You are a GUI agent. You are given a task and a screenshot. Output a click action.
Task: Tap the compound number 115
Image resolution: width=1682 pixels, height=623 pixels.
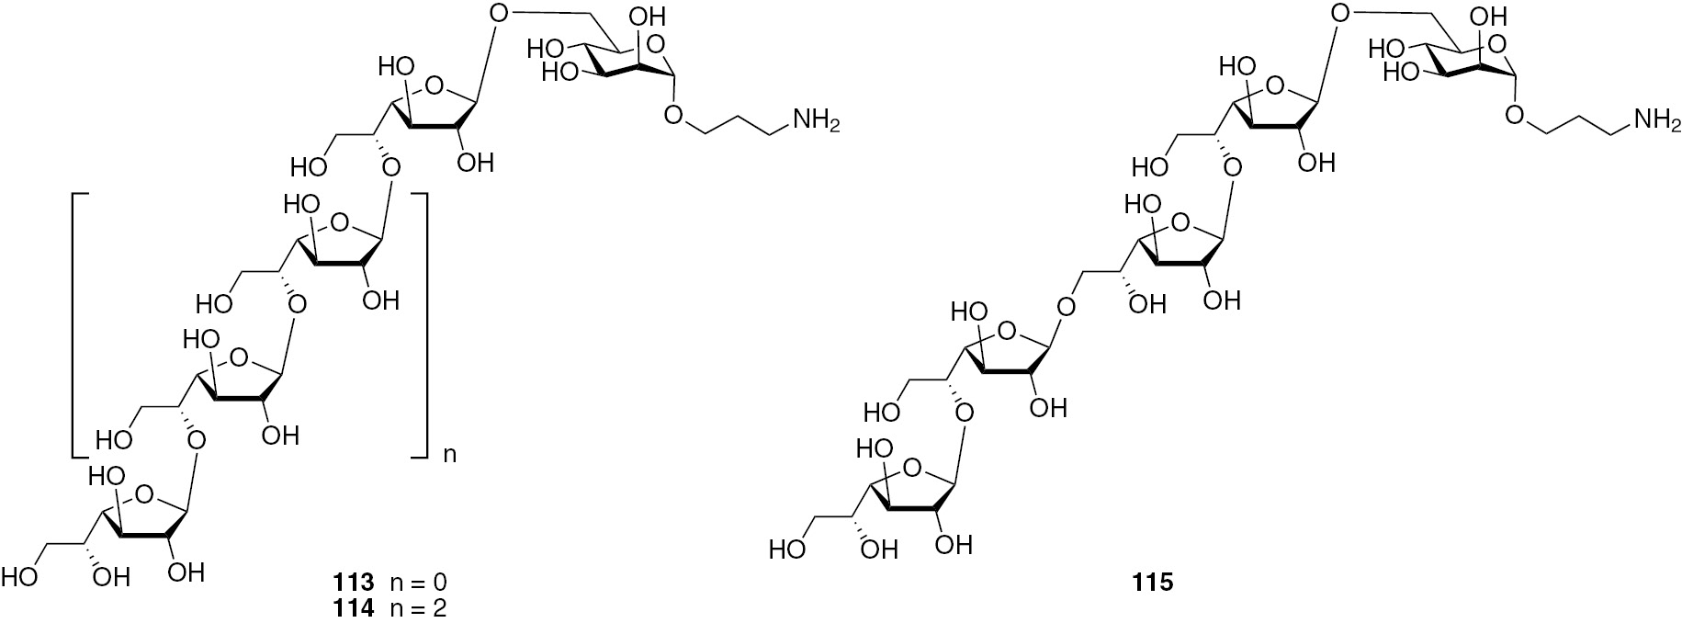[x=1153, y=583]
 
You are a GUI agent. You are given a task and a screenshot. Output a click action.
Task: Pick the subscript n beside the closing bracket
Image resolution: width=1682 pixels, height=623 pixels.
[x=450, y=454]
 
